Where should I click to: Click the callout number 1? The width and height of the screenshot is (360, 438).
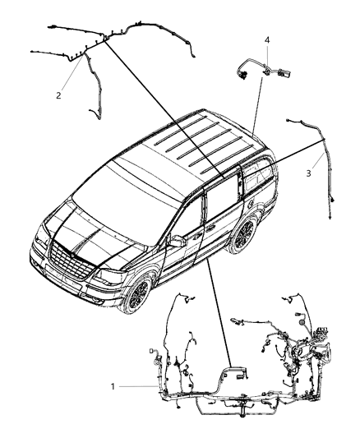(113, 386)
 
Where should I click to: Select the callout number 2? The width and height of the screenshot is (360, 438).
(58, 95)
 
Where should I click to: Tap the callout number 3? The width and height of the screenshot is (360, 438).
(308, 173)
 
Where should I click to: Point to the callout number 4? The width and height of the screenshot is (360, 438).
(267, 40)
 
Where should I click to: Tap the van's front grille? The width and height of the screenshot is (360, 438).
(71, 260)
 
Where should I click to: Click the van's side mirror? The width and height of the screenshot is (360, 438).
(177, 241)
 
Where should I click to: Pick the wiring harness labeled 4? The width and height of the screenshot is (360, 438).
(262, 70)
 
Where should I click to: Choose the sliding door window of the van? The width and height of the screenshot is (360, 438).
(222, 193)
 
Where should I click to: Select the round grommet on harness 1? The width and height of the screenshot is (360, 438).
(302, 323)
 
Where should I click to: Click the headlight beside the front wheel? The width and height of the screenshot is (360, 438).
(108, 277)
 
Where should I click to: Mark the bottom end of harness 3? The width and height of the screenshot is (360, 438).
(330, 217)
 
